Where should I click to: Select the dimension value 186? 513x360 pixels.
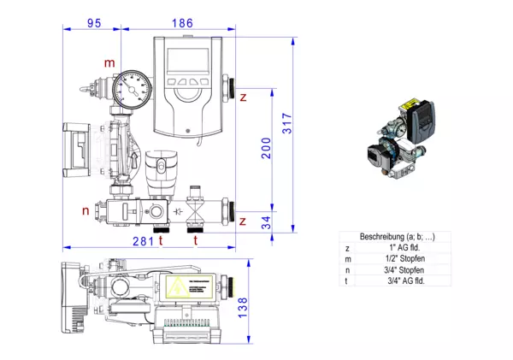pos(182,23)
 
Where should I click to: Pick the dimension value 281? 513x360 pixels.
pos(143,241)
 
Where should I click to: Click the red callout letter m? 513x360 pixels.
pos(109,63)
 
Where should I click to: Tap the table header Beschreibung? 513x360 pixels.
pos(386,236)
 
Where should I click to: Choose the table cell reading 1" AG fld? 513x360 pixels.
pos(394,247)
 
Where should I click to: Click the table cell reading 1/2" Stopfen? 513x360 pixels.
pos(394,258)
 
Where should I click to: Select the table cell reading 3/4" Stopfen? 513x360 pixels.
pos(394,269)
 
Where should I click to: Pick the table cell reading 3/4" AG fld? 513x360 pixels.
pos(394,280)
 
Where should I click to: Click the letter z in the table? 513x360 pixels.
pos(348,247)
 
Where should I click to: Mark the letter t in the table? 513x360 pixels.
pos(348,280)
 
